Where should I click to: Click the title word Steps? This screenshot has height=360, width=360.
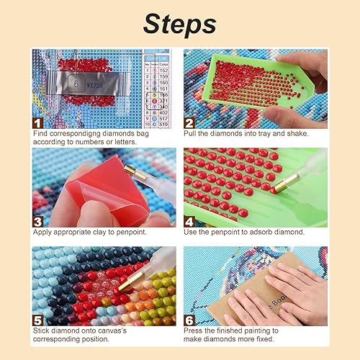(179, 23)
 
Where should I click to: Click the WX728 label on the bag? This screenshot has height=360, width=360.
(96, 84)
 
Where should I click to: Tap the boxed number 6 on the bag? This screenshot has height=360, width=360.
(75, 84)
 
